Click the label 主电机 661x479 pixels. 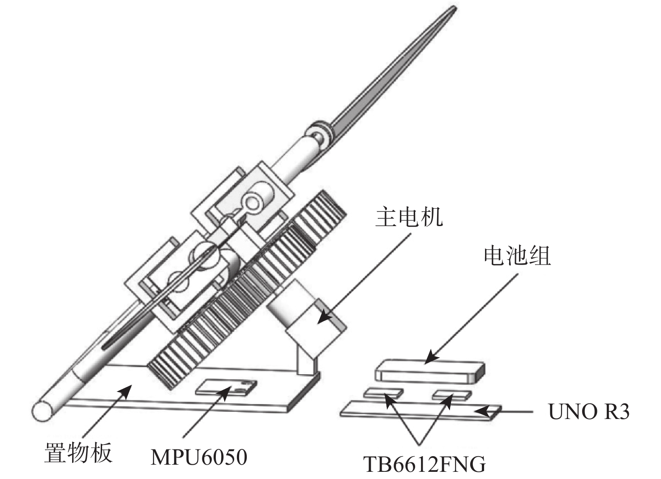(x=409, y=218)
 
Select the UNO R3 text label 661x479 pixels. (x=589, y=412)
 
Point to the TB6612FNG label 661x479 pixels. (x=424, y=465)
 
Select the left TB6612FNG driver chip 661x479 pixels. (x=383, y=393)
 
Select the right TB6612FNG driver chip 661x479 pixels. (x=451, y=395)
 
